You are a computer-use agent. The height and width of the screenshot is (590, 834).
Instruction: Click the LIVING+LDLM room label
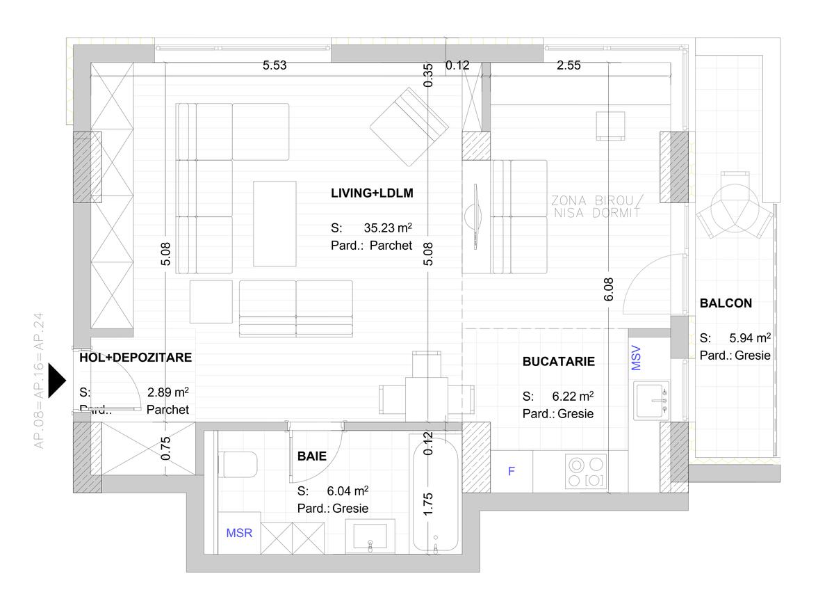[x=372, y=193]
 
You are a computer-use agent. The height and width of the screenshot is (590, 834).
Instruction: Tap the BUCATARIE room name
[x=558, y=362]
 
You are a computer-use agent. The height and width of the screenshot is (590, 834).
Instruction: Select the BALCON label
[x=726, y=303]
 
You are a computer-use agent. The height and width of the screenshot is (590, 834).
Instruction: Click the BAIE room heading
[x=311, y=456]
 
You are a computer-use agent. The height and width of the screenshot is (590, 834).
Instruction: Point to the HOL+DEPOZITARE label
[x=136, y=358]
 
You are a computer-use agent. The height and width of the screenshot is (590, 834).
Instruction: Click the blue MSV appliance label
[x=636, y=358]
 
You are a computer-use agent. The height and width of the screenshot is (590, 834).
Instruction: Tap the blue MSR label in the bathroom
[x=239, y=534]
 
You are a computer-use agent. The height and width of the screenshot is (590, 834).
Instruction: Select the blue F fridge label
[x=512, y=472]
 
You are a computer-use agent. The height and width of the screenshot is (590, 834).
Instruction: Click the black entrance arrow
[x=56, y=381]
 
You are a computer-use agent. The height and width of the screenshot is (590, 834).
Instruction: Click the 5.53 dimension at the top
[x=274, y=66]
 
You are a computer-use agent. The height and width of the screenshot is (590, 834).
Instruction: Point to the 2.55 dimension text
[x=569, y=66]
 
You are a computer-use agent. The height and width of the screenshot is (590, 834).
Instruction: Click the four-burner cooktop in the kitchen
[x=585, y=472]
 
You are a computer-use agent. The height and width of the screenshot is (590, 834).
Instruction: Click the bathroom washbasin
[x=370, y=538]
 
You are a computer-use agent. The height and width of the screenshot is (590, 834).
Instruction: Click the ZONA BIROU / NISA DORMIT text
[x=596, y=207]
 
